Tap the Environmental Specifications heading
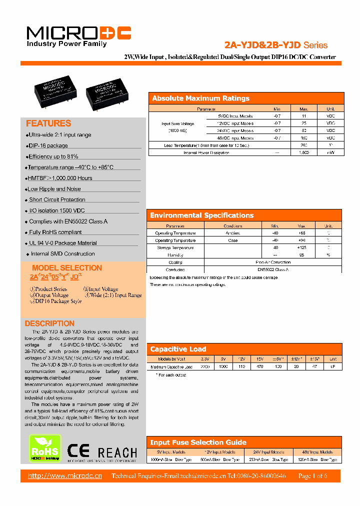coord(201,215)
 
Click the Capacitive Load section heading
coord(178,349)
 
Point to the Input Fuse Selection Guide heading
coord(198,442)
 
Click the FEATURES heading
coord(48,123)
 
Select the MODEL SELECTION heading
coord(66,268)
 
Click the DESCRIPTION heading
coord(49,323)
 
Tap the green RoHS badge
coord(45,448)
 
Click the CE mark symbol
coord(78,451)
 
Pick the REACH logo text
coord(117,452)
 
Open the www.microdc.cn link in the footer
coord(65,475)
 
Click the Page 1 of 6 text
coord(312,475)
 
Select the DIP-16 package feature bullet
coord(48,145)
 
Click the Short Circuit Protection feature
coord(57,199)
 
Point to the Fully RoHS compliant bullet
coord(55,232)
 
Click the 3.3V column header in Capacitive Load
coord(205,359)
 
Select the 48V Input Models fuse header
coord(317,451)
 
